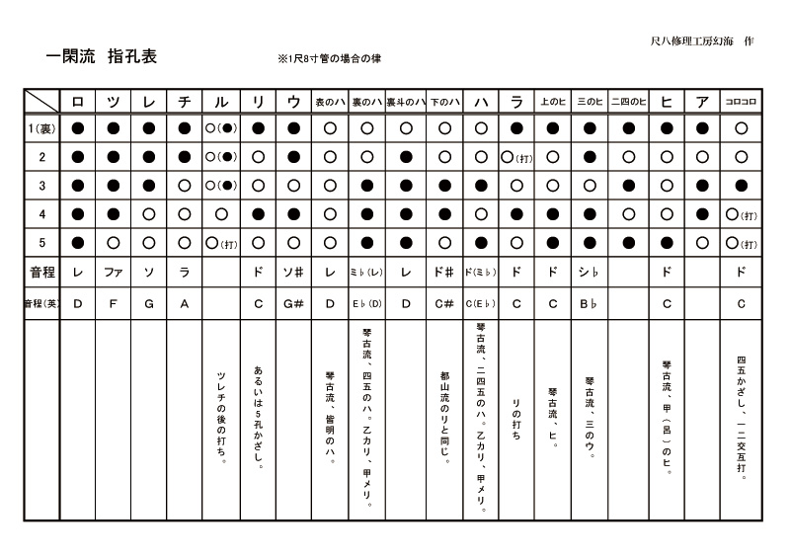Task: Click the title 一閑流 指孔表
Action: point(101,57)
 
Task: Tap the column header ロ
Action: point(78,101)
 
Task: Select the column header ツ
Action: point(114,101)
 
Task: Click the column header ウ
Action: point(293,101)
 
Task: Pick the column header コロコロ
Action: point(741,101)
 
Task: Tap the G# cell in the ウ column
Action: point(293,303)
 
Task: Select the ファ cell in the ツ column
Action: point(114,270)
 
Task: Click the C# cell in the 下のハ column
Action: point(443,303)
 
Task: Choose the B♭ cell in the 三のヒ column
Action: point(590,303)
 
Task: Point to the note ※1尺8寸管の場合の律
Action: point(330,59)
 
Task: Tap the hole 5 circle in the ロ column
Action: point(78,242)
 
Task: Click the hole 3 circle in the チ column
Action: point(185,185)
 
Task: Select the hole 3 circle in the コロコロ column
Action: point(741,185)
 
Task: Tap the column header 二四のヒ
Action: point(628,101)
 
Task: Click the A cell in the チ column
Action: point(185,303)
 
